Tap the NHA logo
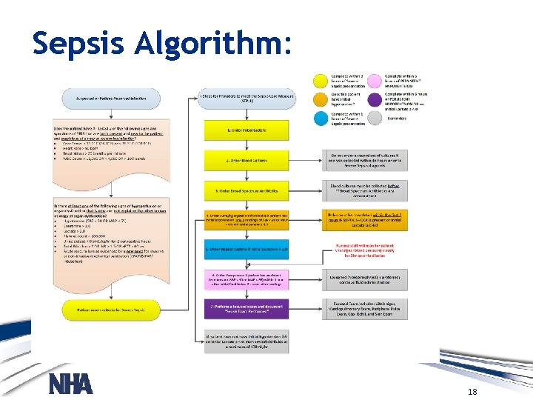[x=70, y=384]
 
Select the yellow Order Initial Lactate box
[x=247, y=130]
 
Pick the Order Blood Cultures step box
[x=247, y=159]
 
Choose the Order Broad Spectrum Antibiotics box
[x=247, y=190]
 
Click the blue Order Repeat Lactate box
[x=247, y=250]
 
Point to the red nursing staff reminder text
[x=364, y=250]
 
